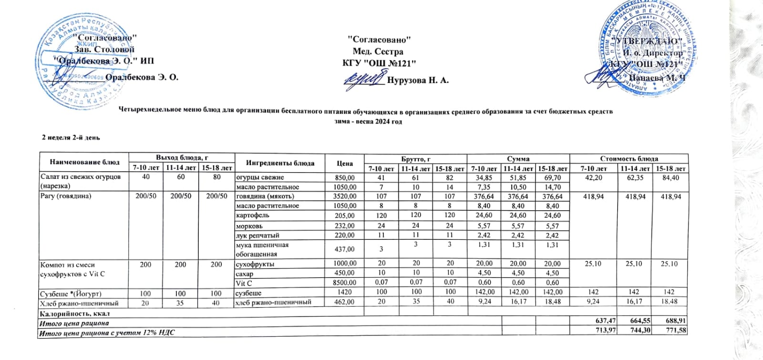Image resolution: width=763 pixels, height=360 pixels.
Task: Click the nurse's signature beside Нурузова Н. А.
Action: point(365,79)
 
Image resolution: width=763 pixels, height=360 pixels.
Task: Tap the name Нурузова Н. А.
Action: point(418,80)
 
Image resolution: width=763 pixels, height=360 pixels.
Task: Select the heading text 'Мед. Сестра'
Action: point(378,51)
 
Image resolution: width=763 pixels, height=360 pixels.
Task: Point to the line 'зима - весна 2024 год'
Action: point(368,122)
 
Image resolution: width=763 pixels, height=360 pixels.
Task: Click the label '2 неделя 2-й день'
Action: point(71,137)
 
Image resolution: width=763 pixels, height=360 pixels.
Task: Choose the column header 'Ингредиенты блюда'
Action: point(280,163)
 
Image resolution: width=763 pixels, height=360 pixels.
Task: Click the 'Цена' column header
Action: point(344,163)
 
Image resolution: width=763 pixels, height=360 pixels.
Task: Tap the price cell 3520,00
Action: point(344,196)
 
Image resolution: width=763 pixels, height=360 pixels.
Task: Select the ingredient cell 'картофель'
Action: point(253,216)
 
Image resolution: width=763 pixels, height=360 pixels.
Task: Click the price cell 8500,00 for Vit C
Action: point(344,283)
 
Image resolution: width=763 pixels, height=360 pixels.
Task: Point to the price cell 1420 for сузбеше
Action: point(344,292)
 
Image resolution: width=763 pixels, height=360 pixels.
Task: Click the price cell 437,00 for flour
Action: point(344,249)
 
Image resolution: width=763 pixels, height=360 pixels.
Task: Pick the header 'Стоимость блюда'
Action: point(629,158)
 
